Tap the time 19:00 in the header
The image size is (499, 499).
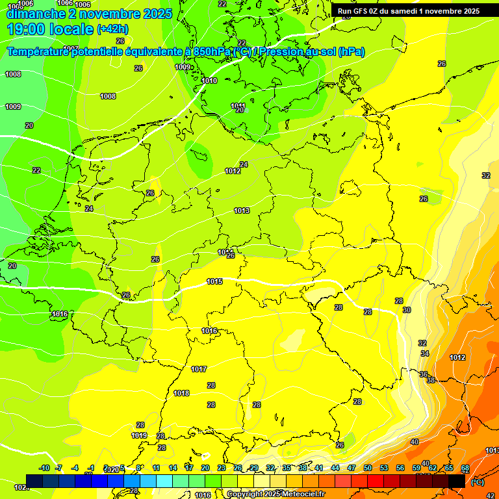click(x=27, y=29)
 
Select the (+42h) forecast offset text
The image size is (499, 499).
click(x=112, y=29)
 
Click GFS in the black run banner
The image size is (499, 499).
click(x=363, y=11)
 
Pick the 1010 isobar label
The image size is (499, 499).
click(x=209, y=81)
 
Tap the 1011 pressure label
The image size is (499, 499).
click(x=238, y=106)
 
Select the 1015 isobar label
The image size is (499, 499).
click(x=214, y=281)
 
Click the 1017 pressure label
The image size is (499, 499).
click(x=199, y=370)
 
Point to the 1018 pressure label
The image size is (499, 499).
click(x=181, y=394)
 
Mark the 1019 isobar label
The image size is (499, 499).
click(x=139, y=435)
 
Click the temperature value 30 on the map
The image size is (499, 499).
click(x=407, y=311)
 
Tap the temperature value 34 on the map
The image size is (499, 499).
click(x=425, y=353)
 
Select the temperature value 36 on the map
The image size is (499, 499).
click(x=424, y=374)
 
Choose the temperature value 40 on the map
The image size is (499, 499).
click(x=415, y=442)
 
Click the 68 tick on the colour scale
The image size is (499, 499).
click(x=465, y=468)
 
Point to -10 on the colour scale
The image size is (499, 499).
click(x=44, y=468)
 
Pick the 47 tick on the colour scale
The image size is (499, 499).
click(x=352, y=468)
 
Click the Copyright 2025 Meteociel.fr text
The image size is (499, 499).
click(x=275, y=494)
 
